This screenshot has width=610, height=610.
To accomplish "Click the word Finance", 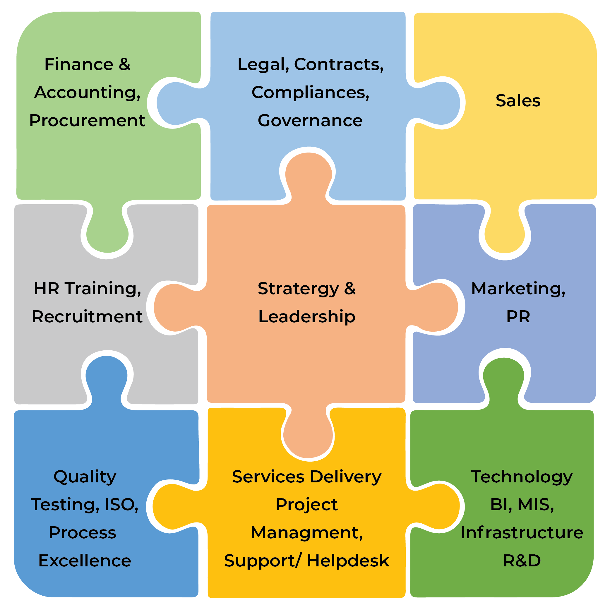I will [79, 64].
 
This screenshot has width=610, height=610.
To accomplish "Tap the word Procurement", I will [87, 121].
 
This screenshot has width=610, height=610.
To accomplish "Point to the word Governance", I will [310, 121].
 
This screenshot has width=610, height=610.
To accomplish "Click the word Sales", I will [518, 101].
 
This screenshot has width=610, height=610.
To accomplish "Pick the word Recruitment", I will [87, 317].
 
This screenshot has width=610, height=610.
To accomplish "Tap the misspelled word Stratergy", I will [298, 289].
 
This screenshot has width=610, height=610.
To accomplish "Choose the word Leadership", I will [306, 317].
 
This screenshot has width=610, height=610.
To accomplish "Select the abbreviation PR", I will [518, 317].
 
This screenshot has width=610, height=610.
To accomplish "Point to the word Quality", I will [85, 477].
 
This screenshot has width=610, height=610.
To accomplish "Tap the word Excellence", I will [85, 561].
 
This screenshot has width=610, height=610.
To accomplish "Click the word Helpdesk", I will [348, 561].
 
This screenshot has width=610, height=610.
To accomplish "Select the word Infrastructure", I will [522, 533].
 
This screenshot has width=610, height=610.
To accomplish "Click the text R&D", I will [522, 561].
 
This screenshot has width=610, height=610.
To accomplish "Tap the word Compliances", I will [310, 92].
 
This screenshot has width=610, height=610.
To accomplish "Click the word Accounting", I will [87, 92].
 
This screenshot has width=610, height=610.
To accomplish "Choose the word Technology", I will [522, 477].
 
